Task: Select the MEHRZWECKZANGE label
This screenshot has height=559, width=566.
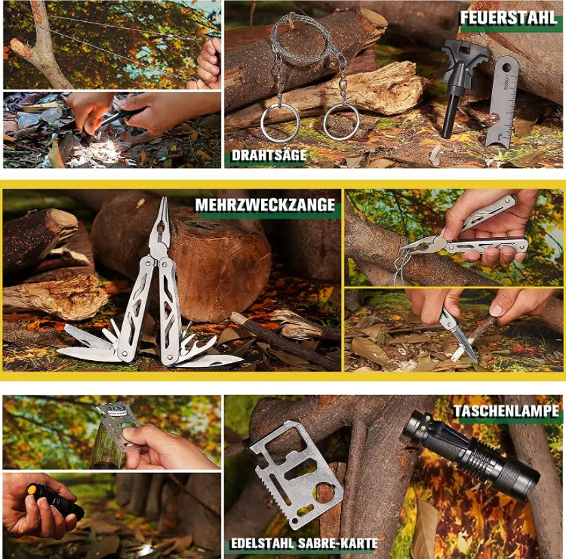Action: pyautogui.click(x=265, y=205)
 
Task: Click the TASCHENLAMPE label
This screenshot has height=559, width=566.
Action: pyautogui.click(x=508, y=411)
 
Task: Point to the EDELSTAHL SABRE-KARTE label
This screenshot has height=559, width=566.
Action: pyautogui.click(x=304, y=544)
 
